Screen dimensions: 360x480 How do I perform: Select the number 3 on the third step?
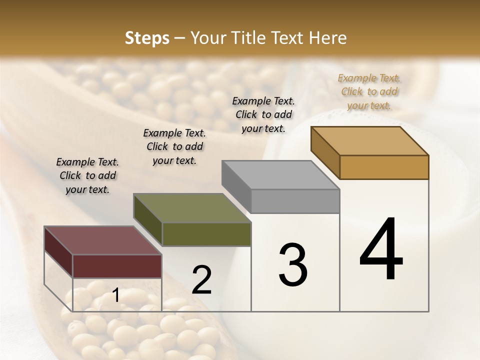[292, 265]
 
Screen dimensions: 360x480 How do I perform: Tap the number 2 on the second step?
[201, 280]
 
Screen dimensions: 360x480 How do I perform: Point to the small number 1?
[115, 295]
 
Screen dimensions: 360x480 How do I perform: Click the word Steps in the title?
[147, 38]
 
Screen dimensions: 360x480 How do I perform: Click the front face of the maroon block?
[117, 266]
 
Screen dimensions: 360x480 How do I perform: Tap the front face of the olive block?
[206, 234]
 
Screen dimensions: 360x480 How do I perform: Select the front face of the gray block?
[295, 201]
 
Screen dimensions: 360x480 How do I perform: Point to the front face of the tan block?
[384, 167]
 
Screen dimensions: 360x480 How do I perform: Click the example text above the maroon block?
[87, 175]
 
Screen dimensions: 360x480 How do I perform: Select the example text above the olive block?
[174, 146]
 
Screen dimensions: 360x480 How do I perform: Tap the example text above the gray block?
[263, 114]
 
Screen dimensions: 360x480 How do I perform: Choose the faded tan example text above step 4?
[369, 91]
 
